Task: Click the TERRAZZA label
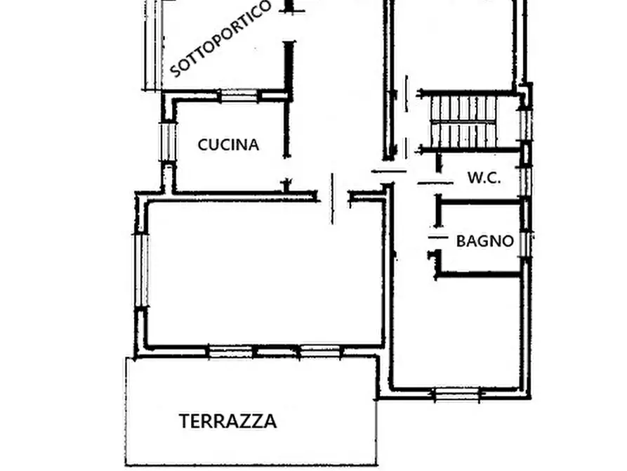pyautogui.click(x=227, y=422)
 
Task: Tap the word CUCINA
pyautogui.click(x=228, y=145)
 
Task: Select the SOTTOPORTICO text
pyautogui.click(x=220, y=39)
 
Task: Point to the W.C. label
pyautogui.click(x=484, y=178)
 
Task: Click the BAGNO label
pyautogui.click(x=484, y=241)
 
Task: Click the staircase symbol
pyautogui.click(x=463, y=121)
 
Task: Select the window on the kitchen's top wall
pyautogui.click(x=239, y=95)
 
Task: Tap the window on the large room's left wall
pyautogui.click(x=141, y=271)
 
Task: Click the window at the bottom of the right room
pyautogui.click(x=457, y=394)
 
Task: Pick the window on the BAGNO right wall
pyautogui.click(x=525, y=243)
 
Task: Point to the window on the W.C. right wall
pyautogui.click(x=525, y=179)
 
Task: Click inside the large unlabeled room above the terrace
pyautogui.click(x=263, y=274)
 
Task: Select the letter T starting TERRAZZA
pyautogui.click(x=184, y=422)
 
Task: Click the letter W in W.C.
pyautogui.click(x=473, y=178)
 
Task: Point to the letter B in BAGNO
pyautogui.click(x=461, y=241)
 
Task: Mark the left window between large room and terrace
pyautogui.click(x=230, y=351)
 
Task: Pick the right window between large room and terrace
pyautogui.click(x=319, y=351)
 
